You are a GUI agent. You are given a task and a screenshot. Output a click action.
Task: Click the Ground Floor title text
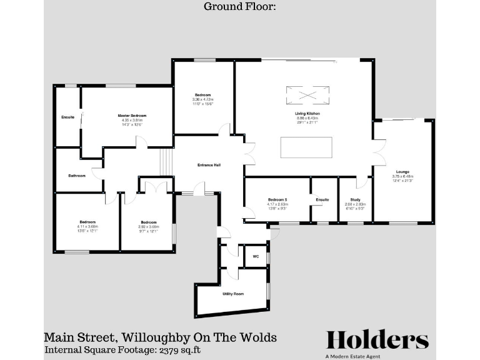point(239,7)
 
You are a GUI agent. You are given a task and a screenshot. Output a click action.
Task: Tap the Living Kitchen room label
point(307,113)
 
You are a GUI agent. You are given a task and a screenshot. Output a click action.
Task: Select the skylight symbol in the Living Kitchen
point(307,95)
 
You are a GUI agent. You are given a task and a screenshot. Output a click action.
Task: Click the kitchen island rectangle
point(306,148)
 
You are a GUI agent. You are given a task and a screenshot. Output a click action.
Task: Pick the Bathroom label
point(77,176)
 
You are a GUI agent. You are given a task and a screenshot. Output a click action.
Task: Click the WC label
point(256,256)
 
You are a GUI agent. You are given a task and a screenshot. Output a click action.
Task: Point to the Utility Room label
point(233,293)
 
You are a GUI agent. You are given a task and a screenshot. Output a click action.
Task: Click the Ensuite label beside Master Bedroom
point(67,117)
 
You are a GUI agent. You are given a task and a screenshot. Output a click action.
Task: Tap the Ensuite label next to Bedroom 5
point(322,200)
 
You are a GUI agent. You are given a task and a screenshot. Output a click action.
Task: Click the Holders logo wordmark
point(377,340)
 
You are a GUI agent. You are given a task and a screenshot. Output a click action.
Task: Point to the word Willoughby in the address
point(150,337)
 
